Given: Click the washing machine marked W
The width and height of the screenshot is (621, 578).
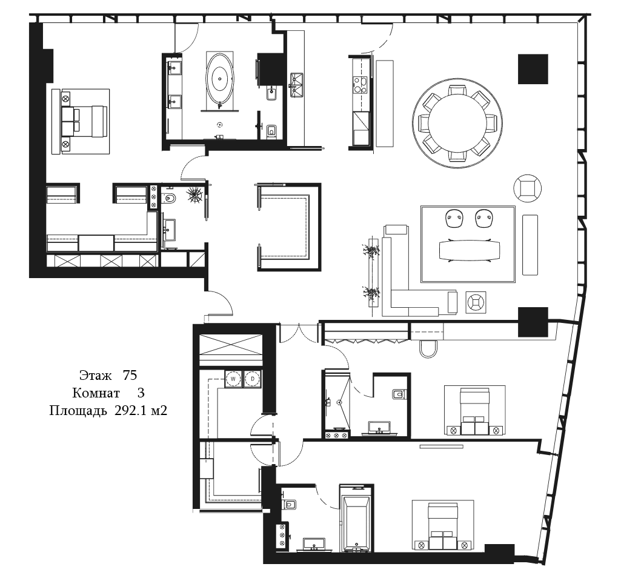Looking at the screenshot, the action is tap(233, 379).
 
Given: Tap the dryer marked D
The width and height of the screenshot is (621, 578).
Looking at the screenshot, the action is tap(252, 379).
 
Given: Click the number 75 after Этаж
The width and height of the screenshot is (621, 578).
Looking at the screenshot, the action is tap(130, 375).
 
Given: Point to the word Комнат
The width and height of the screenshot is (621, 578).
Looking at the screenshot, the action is tap(96, 393).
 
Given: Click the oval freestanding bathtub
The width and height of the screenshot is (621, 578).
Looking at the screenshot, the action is tap(220, 78).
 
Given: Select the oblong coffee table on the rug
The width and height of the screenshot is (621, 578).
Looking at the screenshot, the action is tap(470, 250).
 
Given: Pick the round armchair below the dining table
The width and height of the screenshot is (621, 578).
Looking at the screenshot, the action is tap(527, 188).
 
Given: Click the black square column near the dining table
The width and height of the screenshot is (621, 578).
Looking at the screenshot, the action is tap(533, 69).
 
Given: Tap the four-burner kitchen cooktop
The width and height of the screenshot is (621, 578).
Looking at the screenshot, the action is tap(360, 85).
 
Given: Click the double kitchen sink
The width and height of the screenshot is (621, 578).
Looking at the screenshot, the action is tap(297, 85).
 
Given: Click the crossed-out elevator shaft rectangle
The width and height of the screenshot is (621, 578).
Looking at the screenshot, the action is tap(230, 345).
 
